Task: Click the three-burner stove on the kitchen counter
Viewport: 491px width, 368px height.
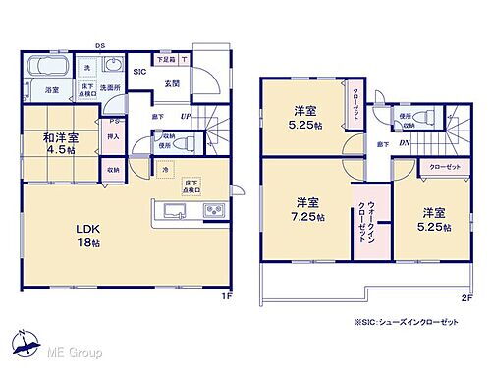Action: (x=213, y=211)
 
